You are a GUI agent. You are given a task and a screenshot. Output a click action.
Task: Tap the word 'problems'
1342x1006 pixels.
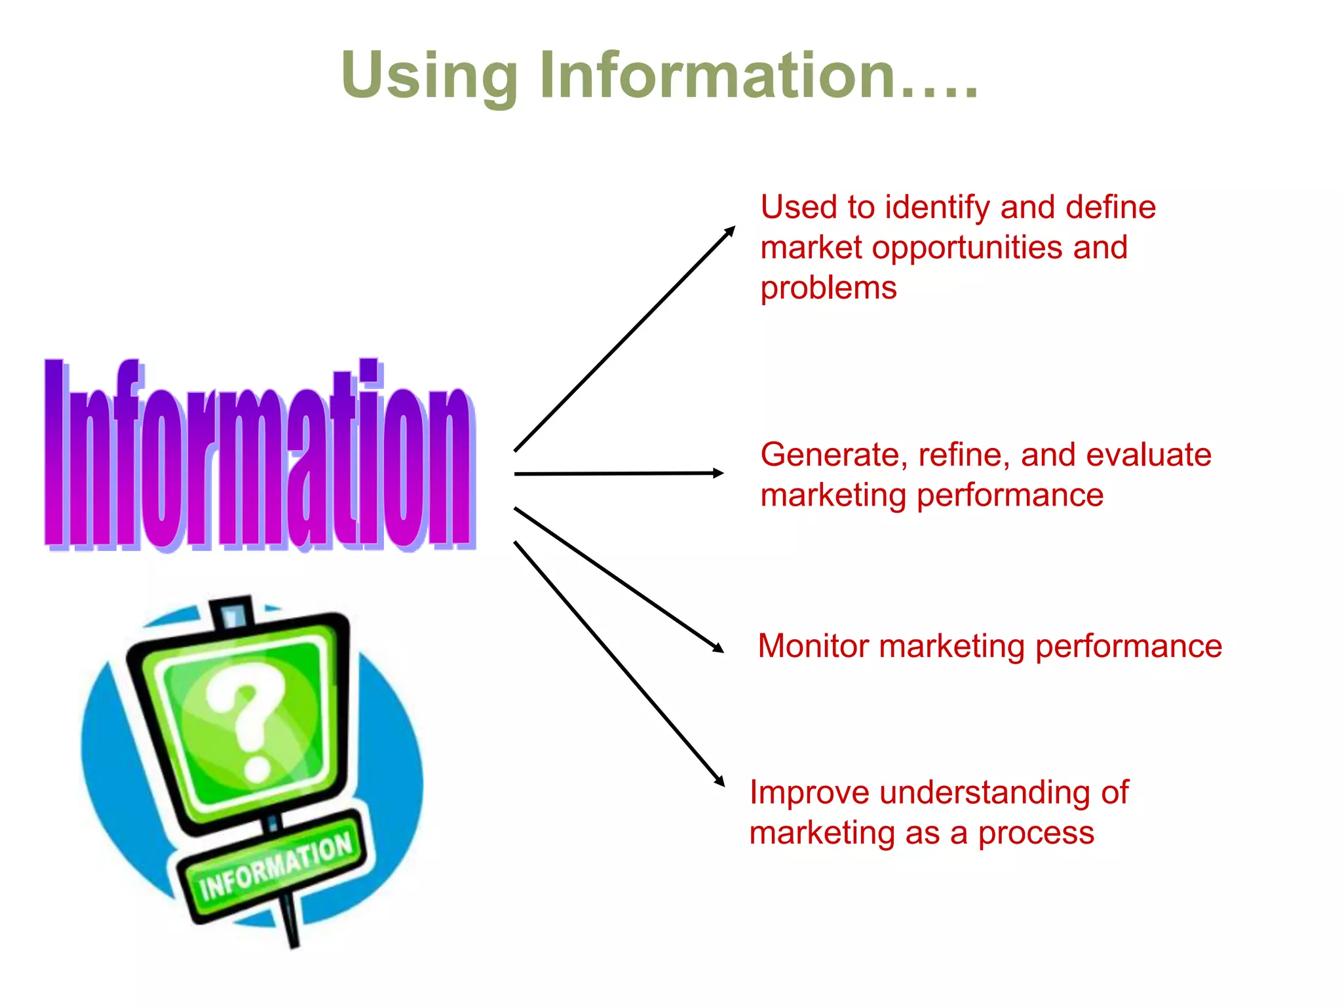click(x=828, y=288)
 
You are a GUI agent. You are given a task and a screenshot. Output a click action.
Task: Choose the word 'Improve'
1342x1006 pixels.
click(x=809, y=793)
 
